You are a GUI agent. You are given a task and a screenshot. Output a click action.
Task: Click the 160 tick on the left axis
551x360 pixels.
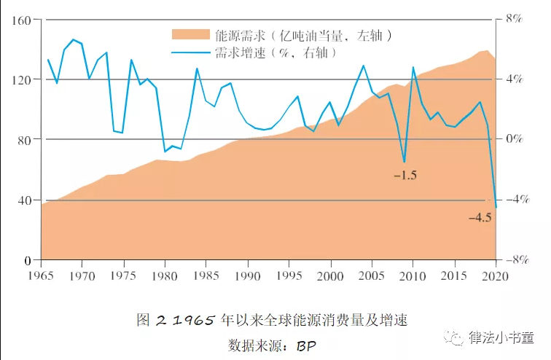click(20, 20)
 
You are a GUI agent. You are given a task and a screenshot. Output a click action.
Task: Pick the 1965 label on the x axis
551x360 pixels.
click(41, 275)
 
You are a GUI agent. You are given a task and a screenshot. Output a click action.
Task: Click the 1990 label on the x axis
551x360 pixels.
click(248, 275)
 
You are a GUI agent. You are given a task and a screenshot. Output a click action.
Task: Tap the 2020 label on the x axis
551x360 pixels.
click(496, 275)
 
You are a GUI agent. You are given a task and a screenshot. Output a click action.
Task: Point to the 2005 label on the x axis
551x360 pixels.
click(372, 275)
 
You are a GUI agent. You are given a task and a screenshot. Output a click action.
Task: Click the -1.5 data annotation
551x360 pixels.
click(405, 176)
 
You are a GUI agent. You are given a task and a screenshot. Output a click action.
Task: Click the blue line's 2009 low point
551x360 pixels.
click(404, 162)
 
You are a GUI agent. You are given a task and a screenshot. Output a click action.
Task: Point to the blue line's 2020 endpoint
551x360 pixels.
click(496, 208)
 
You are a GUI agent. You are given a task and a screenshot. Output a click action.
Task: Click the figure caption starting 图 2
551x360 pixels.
click(272, 320)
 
